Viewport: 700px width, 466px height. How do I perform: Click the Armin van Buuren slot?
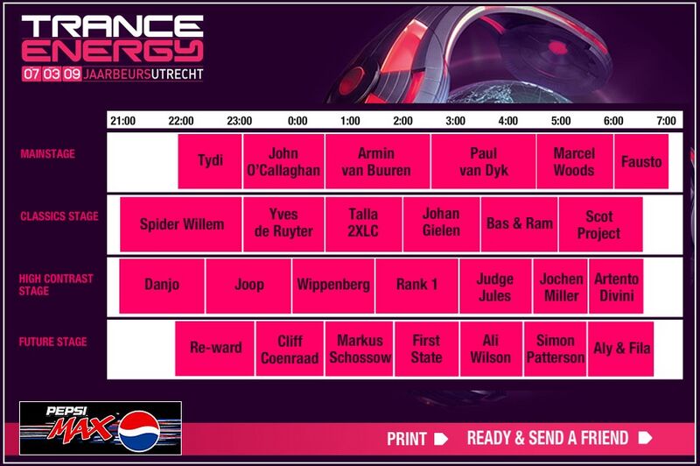coord(376,162)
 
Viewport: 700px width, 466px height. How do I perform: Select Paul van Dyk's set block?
coord(483,162)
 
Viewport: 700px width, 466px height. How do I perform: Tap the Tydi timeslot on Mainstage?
coord(210,162)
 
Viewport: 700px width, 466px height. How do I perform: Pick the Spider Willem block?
coord(181,224)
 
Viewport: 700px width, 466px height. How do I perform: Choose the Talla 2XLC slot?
coord(363,224)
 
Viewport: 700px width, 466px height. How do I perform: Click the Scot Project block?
coord(599,224)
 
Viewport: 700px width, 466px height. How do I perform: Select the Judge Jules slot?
coord(495,286)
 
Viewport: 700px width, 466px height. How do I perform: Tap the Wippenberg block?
coord(333,286)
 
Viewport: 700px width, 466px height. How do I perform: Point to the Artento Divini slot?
coord(616,286)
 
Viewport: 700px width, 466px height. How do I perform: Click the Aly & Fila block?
coord(620,349)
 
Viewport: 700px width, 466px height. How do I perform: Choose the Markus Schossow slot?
coord(360,349)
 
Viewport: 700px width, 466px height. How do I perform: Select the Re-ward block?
coord(215,349)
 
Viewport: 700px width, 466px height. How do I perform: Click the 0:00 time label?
coord(297,121)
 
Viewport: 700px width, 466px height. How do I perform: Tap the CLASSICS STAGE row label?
coord(59,216)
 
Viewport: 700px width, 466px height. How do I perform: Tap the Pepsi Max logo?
coord(100,427)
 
